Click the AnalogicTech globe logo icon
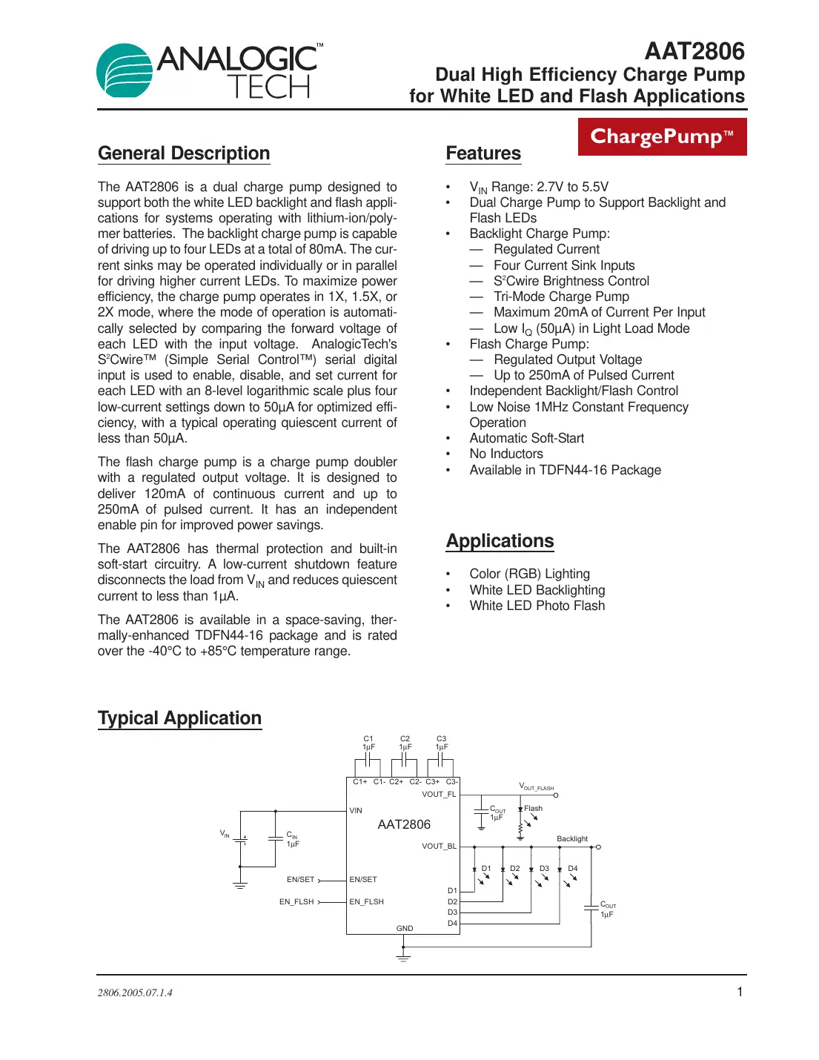tap(124, 70)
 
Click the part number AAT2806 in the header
tap(694, 51)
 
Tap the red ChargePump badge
tap(662, 136)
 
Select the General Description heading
tap(184, 153)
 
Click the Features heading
tap(483, 153)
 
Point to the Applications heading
tap(500, 541)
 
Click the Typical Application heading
tap(179, 718)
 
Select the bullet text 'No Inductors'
tap(506, 454)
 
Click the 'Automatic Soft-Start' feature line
tap(526, 438)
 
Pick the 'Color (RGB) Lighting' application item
tap(529, 574)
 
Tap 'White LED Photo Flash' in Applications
tap(537, 606)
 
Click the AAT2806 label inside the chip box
tap(404, 824)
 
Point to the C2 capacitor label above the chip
tap(405, 739)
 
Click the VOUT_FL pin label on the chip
tap(439, 794)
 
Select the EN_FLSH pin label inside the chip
tap(366, 902)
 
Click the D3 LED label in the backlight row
tap(544, 868)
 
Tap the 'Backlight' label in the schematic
tap(572, 839)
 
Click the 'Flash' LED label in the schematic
tap(533, 809)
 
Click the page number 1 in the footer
tap(739, 992)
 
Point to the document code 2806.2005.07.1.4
tap(135, 993)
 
